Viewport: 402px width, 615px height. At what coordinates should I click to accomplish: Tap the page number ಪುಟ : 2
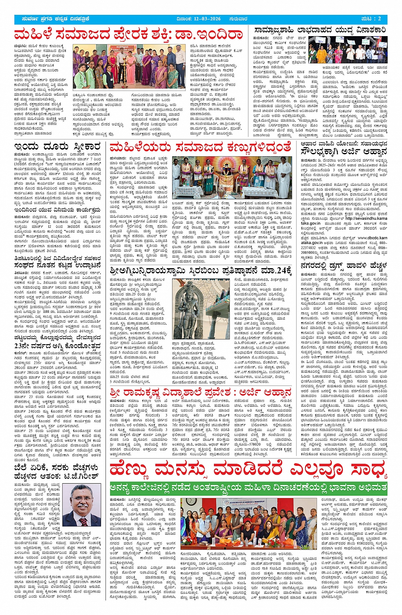372,19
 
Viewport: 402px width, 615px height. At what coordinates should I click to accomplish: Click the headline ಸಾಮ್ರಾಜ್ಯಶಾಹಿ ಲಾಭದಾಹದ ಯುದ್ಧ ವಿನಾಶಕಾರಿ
320,31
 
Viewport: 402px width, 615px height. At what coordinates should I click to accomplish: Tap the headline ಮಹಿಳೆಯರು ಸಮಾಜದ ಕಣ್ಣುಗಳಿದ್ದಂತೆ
200,147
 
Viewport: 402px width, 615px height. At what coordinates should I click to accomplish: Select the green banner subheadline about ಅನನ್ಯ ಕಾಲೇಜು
248,487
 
